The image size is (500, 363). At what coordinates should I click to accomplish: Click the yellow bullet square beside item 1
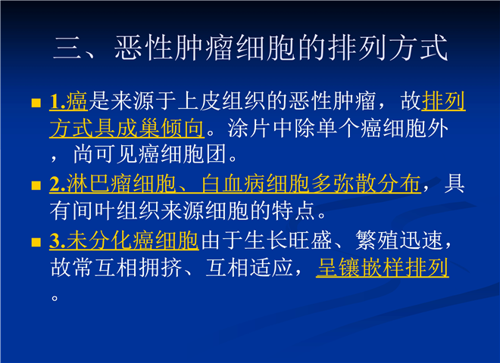click(x=36, y=103)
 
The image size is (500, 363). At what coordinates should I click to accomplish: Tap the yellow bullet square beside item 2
click(x=36, y=185)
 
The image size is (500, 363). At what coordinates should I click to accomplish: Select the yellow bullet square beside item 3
click(x=36, y=242)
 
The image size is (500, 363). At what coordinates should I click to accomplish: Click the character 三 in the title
click(x=67, y=48)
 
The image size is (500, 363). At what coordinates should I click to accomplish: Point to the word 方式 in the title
click(x=418, y=48)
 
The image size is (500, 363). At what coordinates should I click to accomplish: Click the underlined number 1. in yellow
click(x=58, y=102)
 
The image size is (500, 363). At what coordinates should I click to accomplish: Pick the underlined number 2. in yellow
click(x=58, y=184)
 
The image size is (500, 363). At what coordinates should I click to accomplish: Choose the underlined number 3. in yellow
click(x=58, y=240)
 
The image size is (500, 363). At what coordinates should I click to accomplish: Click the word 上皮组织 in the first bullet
click(x=222, y=101)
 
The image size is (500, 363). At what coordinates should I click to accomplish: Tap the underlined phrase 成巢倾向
click(x=160, y=128)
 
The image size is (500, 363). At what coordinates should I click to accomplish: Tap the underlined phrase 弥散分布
click(x=377, y=184)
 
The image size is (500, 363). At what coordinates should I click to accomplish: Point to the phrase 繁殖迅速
click(x=399, y=240)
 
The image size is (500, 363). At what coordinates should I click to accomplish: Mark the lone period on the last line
click(x=55, y=298)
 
